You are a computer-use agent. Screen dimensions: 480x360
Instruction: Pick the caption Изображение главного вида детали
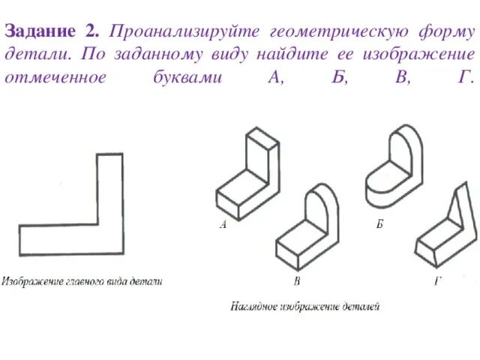point(82,282)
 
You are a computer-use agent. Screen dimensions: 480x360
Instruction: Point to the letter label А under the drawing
point(223,223)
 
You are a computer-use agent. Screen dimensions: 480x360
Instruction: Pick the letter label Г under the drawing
point(437,281)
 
